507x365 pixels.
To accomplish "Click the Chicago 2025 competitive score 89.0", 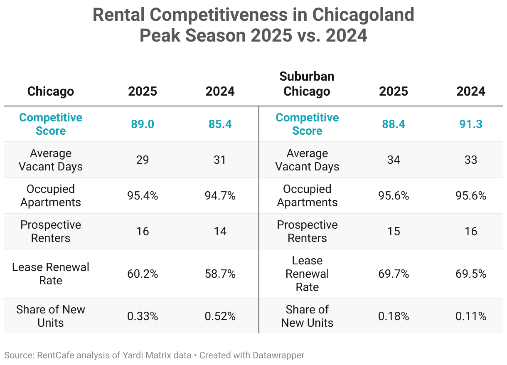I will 143,124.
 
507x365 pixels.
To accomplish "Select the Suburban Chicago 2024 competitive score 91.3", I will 470,124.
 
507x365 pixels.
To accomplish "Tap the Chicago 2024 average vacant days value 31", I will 220,160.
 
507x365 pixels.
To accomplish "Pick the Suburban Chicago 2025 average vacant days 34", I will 393,160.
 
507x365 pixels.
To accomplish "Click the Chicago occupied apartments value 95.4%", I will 143,196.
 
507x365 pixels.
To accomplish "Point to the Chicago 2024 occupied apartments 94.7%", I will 220,196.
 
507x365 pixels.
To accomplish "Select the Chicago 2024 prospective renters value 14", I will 220,232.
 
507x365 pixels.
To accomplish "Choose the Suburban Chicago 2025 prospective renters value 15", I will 393,232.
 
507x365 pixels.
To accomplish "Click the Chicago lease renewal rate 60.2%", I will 143,274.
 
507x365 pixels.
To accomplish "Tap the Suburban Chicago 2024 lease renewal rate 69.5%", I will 470,274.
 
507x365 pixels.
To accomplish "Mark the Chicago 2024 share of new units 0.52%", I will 220,316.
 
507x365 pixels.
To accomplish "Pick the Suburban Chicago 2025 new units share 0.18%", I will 393,316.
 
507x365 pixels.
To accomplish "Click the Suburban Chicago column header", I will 307,84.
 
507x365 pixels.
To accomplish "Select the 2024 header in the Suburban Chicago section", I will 470,91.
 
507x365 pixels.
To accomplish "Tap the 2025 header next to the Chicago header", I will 143,91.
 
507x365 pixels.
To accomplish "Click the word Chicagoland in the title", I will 363,15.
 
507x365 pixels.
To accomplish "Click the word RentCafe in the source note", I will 53,355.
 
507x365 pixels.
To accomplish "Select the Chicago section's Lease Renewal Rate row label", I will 51,274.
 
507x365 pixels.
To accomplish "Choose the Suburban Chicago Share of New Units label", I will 307,316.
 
